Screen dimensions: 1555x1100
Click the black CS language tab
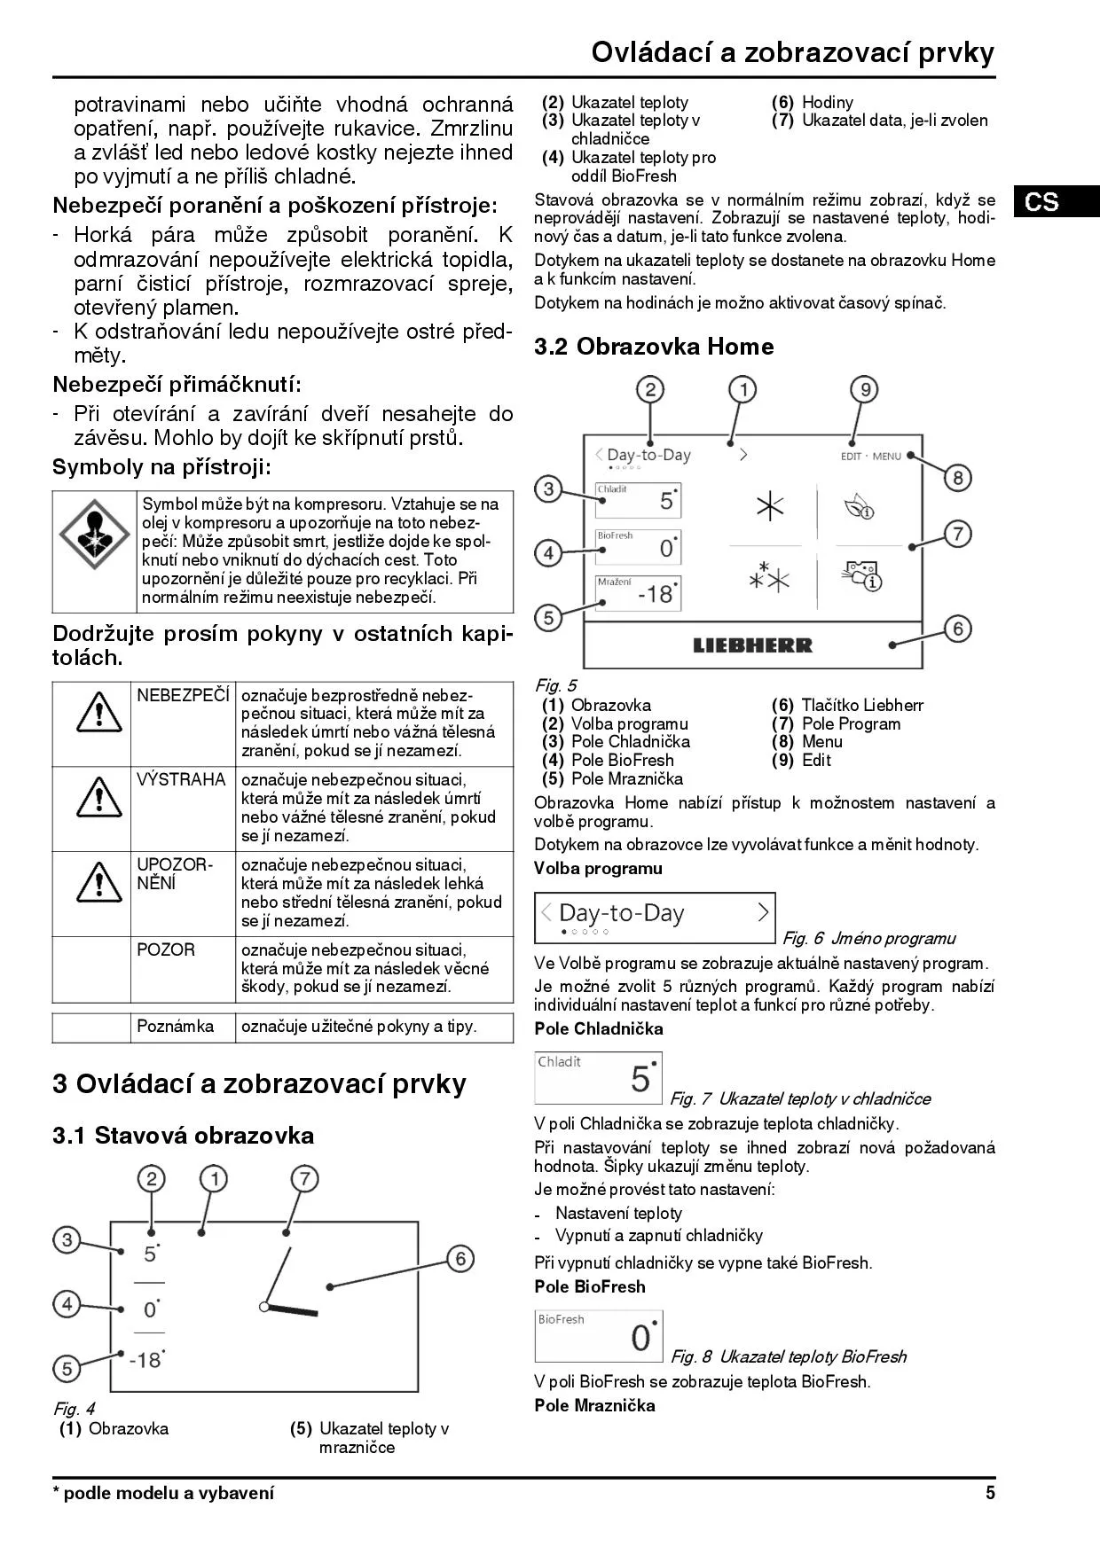click(1057, 201)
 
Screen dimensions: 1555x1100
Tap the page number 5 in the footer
click(990, 1493)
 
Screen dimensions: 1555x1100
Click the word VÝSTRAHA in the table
click(181, 780)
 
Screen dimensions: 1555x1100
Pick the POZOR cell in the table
click(166, 949)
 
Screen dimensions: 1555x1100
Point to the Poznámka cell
click(176, 1027)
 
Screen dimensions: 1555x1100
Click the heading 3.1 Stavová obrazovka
click(183, 1136)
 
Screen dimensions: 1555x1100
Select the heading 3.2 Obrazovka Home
click(654, 347)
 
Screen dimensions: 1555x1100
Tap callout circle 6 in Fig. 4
click(460, 1259)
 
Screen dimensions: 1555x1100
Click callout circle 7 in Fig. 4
click(304, 1179)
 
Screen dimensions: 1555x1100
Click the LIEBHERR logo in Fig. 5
click(752, 645)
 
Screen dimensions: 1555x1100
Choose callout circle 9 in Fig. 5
click(863, 390)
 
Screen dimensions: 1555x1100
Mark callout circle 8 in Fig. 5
click(957, 479)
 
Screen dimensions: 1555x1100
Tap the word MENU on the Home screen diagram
click(886, 457)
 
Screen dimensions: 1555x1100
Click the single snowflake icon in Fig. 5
click(769, 506)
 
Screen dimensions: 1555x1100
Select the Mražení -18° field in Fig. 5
click(638, 592)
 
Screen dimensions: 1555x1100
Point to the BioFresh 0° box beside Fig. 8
click(599, 1336)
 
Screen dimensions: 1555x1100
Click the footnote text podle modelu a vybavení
click(168, 1493)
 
